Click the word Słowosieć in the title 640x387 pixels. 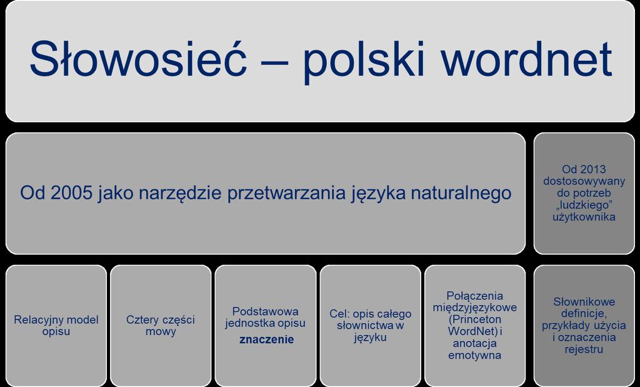138,58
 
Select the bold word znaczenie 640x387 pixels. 266,339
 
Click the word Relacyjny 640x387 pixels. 39,321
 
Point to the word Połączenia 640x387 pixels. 475,296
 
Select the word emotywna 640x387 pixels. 475,355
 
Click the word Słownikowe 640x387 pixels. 584,302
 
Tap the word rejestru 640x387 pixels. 584,350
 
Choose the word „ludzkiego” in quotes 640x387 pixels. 584,205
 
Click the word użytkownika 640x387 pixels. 584,217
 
